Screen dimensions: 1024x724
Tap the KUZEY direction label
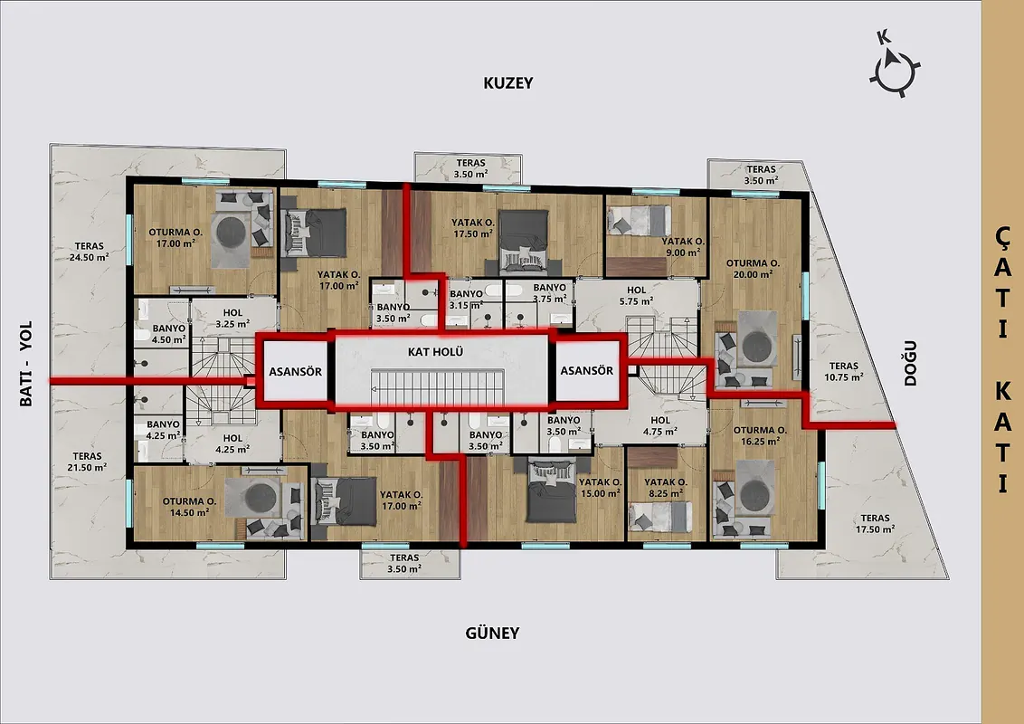point(508,83)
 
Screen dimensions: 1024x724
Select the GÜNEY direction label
point(492,633)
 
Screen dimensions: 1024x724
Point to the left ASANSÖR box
point(295,372)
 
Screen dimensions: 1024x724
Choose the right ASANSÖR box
point(587,370)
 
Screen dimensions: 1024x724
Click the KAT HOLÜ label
point(436,351)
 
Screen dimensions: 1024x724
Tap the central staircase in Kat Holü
point(438,386)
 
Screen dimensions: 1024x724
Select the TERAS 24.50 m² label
point(90,252)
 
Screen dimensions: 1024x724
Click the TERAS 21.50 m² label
point(88,462)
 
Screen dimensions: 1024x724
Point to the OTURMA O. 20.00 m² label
point(753,269)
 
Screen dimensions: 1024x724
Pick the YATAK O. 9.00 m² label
point(683,246)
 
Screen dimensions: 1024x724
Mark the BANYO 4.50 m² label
point(169,333)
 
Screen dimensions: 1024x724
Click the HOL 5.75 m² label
point(637,295)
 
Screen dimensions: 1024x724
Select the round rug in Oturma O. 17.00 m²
point(231,232)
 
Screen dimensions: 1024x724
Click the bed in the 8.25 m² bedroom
point(659,516)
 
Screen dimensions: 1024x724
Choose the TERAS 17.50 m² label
point(875,523)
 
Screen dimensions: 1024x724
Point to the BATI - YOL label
point(25,364)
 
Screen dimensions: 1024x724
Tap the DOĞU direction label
point(910,363)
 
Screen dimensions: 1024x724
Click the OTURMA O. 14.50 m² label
point(189,507)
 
